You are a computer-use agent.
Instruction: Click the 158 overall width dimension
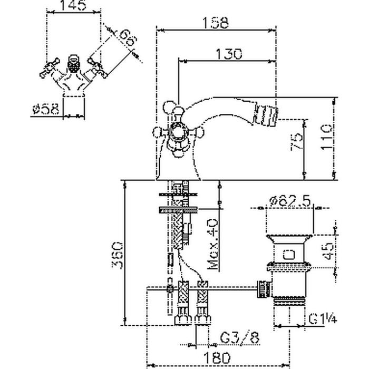click(x=217, y=22)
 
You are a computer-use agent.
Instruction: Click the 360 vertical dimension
click(x=118, y=257)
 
